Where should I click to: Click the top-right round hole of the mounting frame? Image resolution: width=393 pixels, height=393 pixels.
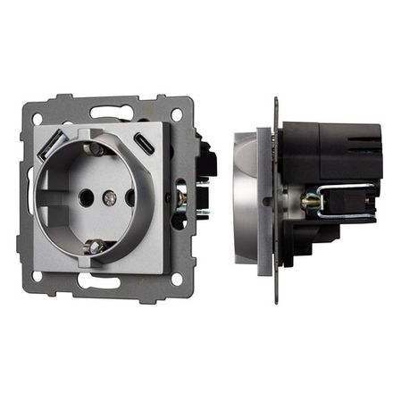176,114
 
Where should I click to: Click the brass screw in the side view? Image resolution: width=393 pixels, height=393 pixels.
310,202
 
